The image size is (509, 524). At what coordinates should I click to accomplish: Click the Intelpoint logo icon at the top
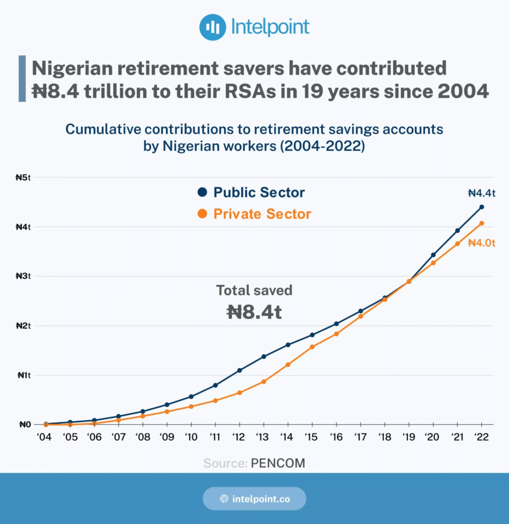tap(213, 27)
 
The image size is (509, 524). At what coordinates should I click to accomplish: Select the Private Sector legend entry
tap(254, 214)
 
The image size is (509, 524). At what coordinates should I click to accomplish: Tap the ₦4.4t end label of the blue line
tap(482, 193)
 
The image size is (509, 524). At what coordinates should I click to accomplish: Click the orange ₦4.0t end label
tap(482, 243)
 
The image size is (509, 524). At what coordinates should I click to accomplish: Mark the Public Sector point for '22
tap(481, 207)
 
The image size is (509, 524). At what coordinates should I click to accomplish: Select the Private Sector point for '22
tap(481, 223)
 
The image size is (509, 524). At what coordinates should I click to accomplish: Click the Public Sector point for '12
tap(240, 370)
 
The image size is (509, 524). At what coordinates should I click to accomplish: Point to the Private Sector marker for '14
tap(288, 364)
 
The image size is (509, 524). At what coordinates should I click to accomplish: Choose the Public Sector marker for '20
tap(433, 255)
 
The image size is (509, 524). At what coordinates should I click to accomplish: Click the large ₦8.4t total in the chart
tap(254, 312)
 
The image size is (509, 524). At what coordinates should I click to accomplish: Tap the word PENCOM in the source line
tap(278, 464)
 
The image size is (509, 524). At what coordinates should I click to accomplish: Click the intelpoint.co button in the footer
tap(254, 498)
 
